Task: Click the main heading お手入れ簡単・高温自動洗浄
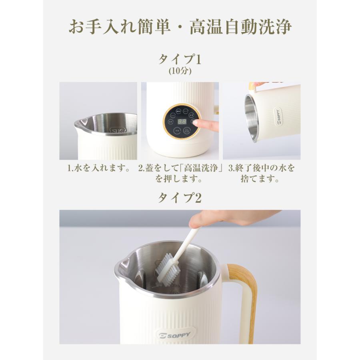[180, 27]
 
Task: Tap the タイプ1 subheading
[180, 60]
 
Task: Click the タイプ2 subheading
[180, 197]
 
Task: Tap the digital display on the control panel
[182, 121]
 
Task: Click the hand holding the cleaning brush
[224, 219]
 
